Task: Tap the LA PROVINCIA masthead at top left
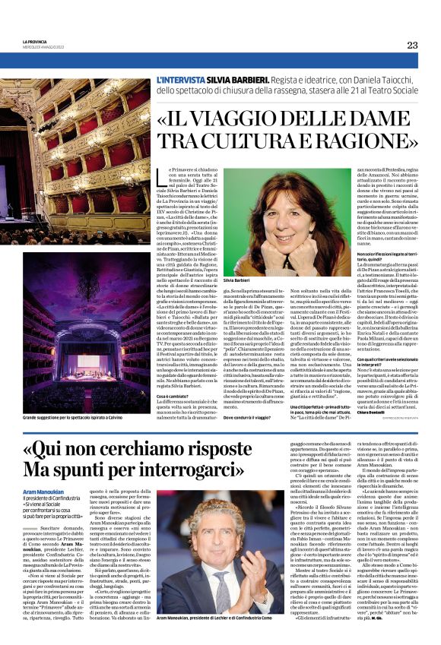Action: pos(35,43)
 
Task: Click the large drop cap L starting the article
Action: pos(160,178)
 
